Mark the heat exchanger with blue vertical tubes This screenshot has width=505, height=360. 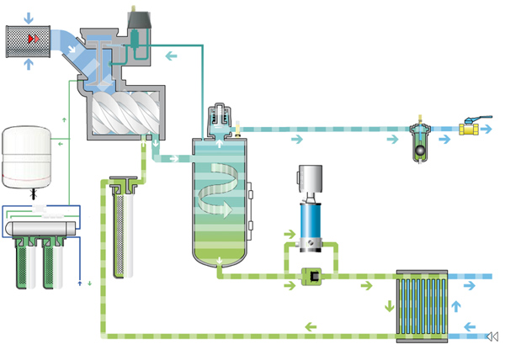(x=417, y=304)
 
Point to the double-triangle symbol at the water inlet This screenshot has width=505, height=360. (x=492, y=337)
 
